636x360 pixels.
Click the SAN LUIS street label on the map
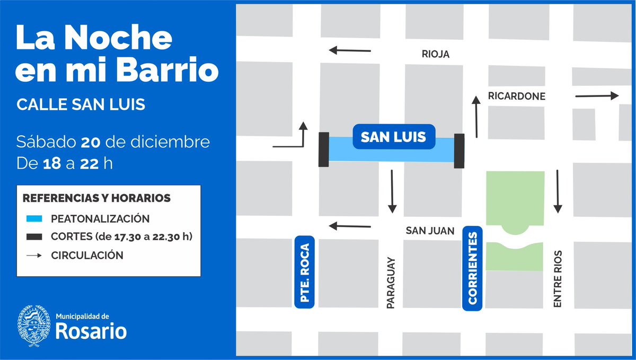(393, 137)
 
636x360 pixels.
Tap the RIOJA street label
(436, 54)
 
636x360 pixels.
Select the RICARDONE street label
(516, 96)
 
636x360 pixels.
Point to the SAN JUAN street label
(430, 231)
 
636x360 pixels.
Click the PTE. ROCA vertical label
(304, 271)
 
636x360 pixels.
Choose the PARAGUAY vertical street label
(391, 284)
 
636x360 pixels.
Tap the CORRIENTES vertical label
(473, 268)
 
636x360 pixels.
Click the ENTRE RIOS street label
(557, 279)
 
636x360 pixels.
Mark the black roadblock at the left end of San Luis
(323, 150)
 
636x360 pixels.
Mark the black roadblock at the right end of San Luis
(459, 151)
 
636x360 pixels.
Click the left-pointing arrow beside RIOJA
(350, 51)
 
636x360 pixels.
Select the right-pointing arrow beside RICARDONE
(597, 96)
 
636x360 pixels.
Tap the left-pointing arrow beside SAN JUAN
(350, 226)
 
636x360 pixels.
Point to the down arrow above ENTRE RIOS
(558, 191)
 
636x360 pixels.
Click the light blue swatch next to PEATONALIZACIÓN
(33, 218)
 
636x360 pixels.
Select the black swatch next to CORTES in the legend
(33, 237)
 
